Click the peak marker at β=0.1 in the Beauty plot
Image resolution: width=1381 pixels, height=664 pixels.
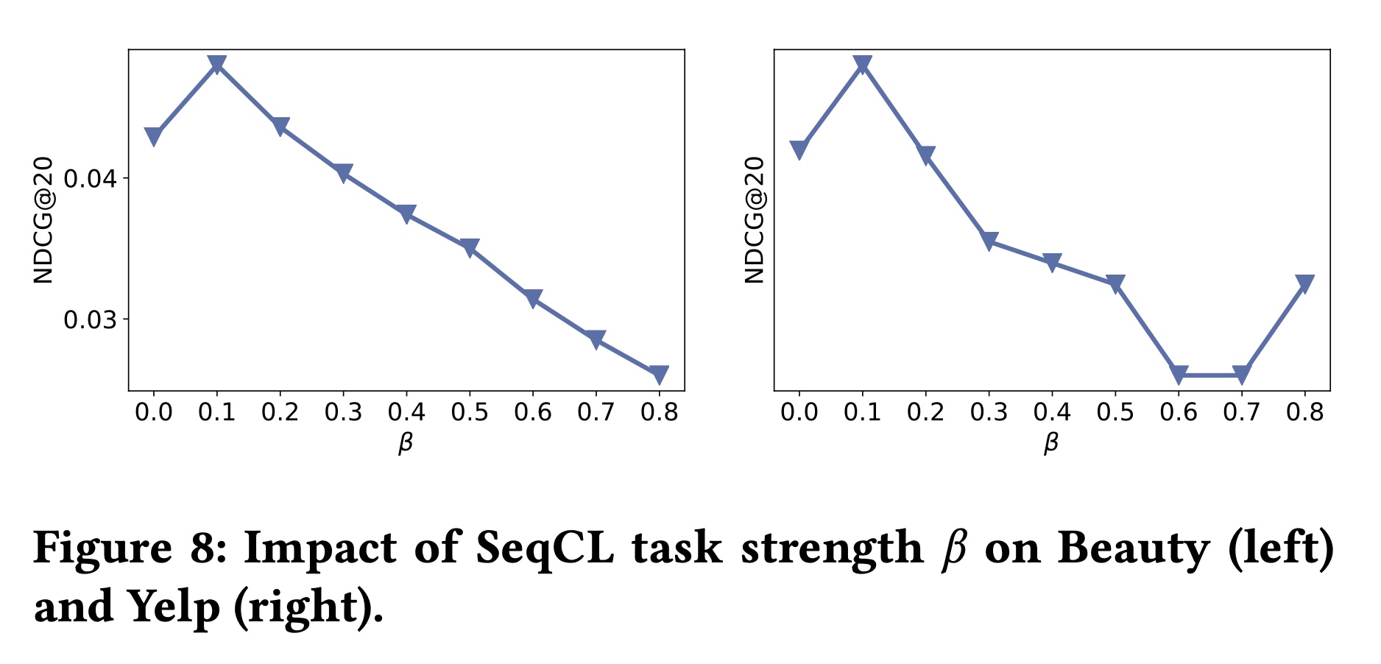click(x=216, y=65)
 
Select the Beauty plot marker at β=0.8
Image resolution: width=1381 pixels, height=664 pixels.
click(x=659, y=375)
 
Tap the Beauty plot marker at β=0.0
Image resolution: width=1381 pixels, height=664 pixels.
click(x=153, y=137)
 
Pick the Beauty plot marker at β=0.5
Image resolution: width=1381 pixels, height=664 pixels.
click(x=470, y=247)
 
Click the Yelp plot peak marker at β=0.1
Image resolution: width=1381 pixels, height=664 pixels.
click(x=862, y=65)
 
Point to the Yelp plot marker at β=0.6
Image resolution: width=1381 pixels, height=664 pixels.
click(x=1178, y=375)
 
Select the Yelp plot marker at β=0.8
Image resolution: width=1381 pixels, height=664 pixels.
click(x=1304, y=284)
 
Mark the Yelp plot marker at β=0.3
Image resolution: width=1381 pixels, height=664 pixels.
click(x=989, y=241)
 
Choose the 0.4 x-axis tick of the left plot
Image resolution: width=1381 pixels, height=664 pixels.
click(x=406, y=412)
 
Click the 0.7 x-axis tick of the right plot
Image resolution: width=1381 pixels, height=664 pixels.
click(x=1241, y=412)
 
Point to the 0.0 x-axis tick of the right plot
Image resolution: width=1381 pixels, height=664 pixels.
click(x=799, y=412)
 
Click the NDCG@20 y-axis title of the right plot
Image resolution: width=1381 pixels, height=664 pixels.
click(x=755, y=220)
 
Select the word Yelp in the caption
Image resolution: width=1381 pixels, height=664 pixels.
click(x=174, y=608)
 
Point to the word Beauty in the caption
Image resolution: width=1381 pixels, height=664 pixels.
click(x=1134, y=549)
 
